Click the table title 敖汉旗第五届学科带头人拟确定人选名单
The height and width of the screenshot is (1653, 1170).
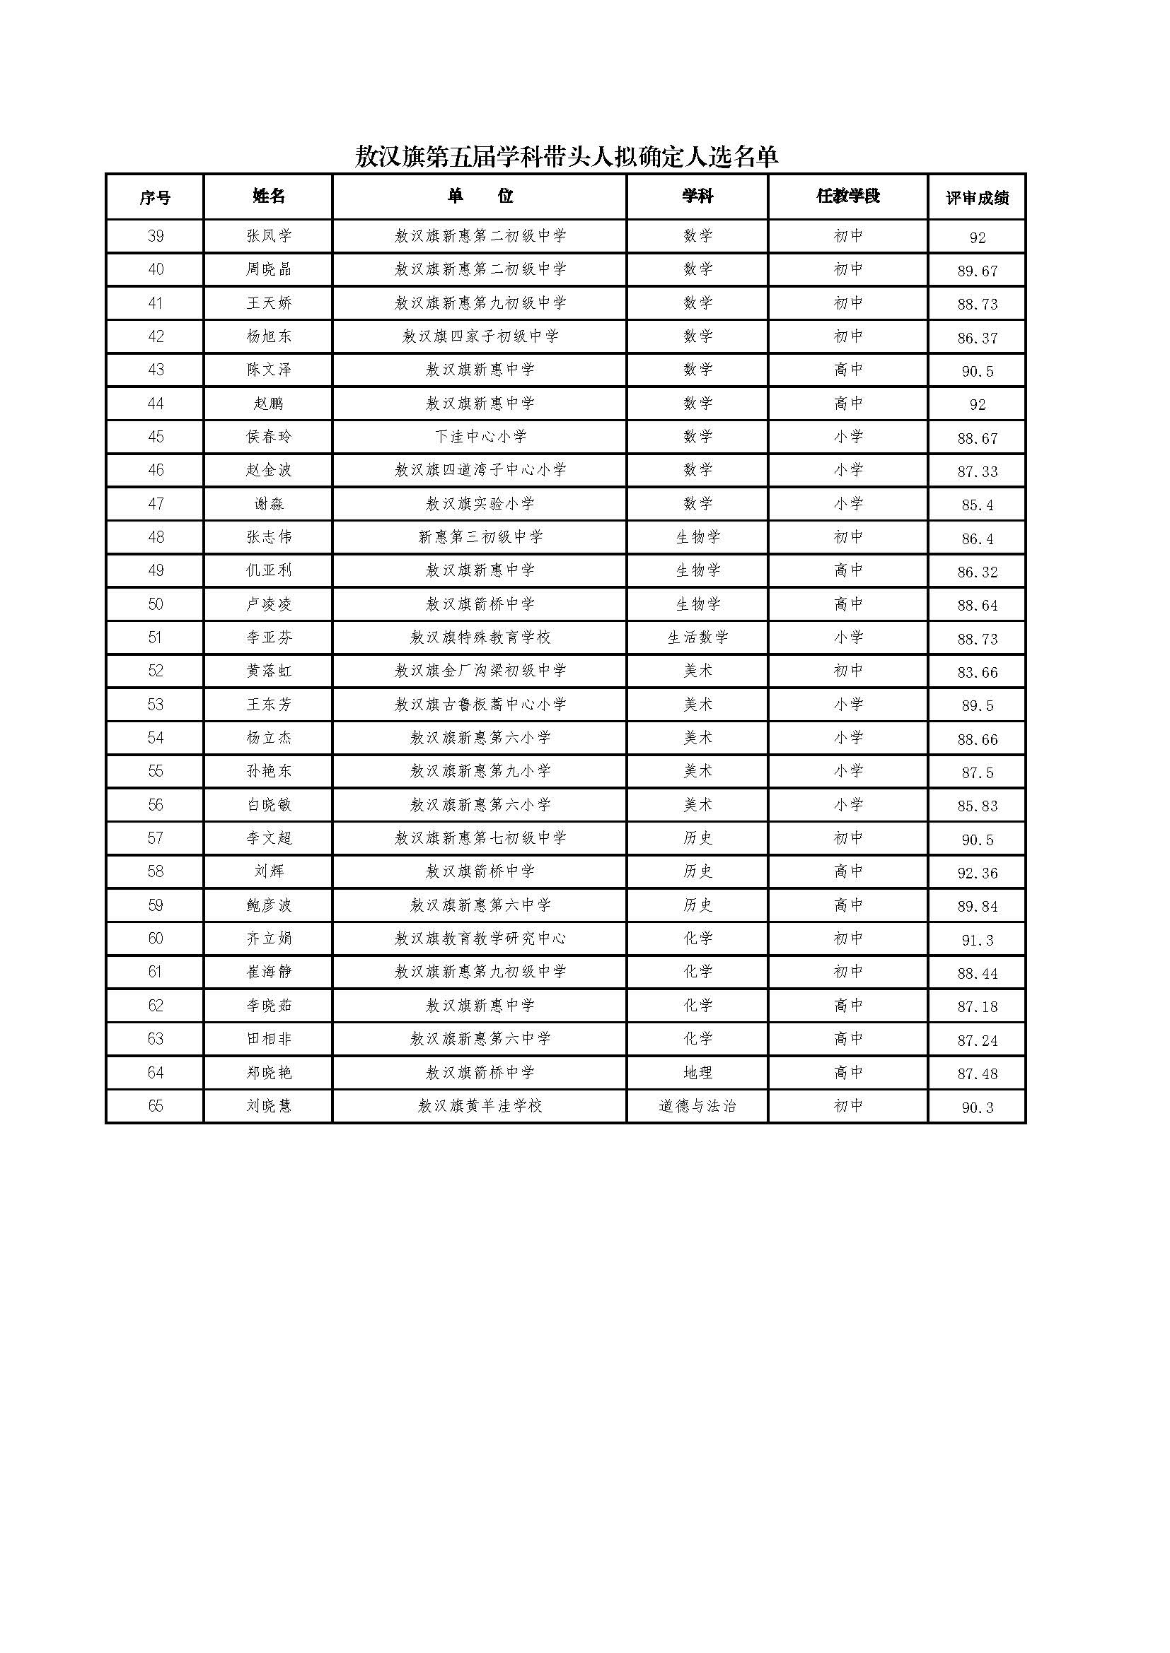[x=567, y=156]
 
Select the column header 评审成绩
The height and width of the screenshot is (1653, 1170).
[x=977, y=198]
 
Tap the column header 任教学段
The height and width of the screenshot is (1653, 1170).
[x=848, y=196]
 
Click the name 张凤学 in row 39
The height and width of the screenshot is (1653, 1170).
[x=269, y=236]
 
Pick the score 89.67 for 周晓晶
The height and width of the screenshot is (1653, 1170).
[x=977, y=271]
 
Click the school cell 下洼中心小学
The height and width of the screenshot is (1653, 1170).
[x=480, y=437]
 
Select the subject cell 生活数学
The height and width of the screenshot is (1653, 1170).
[x=697, y=638]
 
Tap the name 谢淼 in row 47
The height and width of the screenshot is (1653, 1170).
[x=269, y=504]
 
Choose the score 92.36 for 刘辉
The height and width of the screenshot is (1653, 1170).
[x=977, y=873]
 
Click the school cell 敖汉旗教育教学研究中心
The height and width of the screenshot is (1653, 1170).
[x=480, y=939]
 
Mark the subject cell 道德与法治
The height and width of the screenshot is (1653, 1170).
[x=697, y=1107]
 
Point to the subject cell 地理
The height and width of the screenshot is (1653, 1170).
[x=697, y=1073]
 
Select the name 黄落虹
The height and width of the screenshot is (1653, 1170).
[x=269, y=671]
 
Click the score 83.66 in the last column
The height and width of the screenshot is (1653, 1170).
[x=977, y=672]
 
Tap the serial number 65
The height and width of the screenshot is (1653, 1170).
[x=155, y=1107]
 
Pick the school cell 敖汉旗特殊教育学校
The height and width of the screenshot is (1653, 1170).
[x=480, y=638]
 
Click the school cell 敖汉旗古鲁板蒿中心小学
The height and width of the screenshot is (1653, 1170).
[x=480, y=705]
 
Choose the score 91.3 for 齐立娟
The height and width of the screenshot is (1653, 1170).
[x=977, y=940]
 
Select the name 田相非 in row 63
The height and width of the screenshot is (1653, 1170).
[x=269, y=1040]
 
